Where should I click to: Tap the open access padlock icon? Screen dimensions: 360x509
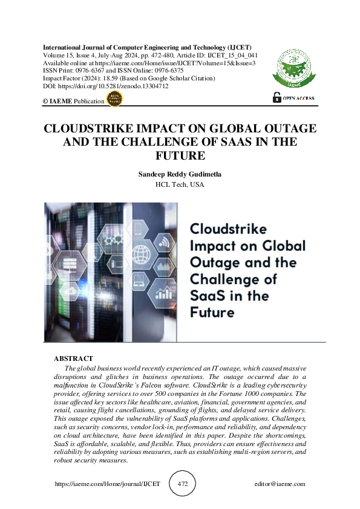click(x=277, y=97)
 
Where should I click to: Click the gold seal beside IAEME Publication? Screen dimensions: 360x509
click(x=113, y=100)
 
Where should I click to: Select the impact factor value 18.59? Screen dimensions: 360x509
click(x=97, y=79)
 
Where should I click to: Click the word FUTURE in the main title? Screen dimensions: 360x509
click(x=180, y=155)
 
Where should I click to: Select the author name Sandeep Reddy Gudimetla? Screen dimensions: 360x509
click(x=180, y=174)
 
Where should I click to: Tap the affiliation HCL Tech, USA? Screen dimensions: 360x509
click(x=180, y=184)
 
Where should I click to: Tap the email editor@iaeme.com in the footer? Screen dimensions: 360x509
click(x=280, y=484)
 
